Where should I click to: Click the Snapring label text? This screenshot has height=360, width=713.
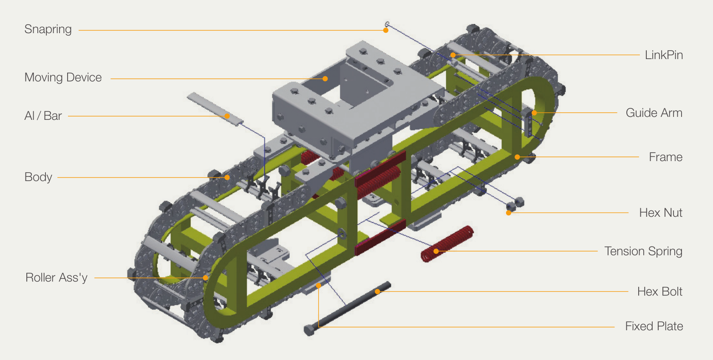point(48,30)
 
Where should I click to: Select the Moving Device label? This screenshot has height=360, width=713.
point(63,77)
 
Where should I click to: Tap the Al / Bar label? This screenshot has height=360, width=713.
point(43,116)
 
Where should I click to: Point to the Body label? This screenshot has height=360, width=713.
point(38,177)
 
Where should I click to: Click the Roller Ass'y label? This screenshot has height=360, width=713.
point(57,278)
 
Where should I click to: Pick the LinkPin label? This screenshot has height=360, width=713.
point(664,55)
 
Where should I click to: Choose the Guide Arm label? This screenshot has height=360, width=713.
point(654,113)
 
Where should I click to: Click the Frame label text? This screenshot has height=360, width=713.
point(666,157)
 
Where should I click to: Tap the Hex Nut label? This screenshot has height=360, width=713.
point(661,213)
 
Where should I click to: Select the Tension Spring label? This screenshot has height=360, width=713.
point(643,251)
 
